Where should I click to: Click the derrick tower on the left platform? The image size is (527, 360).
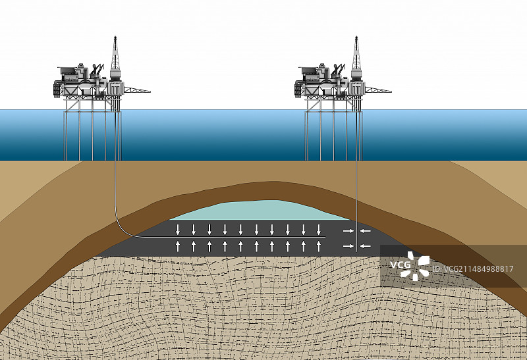[115, 59]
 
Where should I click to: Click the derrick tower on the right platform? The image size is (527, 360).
[356, 59]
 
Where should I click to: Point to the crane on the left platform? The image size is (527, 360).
[97, 69]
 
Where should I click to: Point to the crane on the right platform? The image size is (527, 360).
[339, 69]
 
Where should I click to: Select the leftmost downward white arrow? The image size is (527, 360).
[178, 230]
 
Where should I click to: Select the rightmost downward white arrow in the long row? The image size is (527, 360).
[319, 230]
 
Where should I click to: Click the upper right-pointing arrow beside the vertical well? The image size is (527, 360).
[347, 230]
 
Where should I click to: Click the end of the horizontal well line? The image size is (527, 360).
[327, 238]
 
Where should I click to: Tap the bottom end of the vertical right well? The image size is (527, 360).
[356, 251]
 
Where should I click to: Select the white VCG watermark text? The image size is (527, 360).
[400, 265]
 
